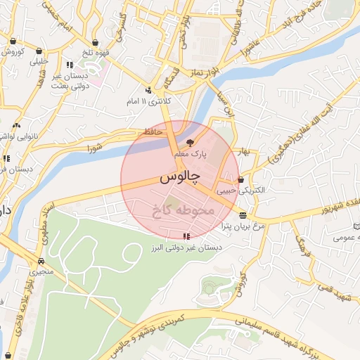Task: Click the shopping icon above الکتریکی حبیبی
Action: [241, 179]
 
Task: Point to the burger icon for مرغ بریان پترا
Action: [243, 215]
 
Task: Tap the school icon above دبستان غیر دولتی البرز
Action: [186, 236]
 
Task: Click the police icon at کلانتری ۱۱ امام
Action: [148, 90]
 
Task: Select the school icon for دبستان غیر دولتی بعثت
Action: [68, 65]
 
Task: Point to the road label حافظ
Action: [153, 131]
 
